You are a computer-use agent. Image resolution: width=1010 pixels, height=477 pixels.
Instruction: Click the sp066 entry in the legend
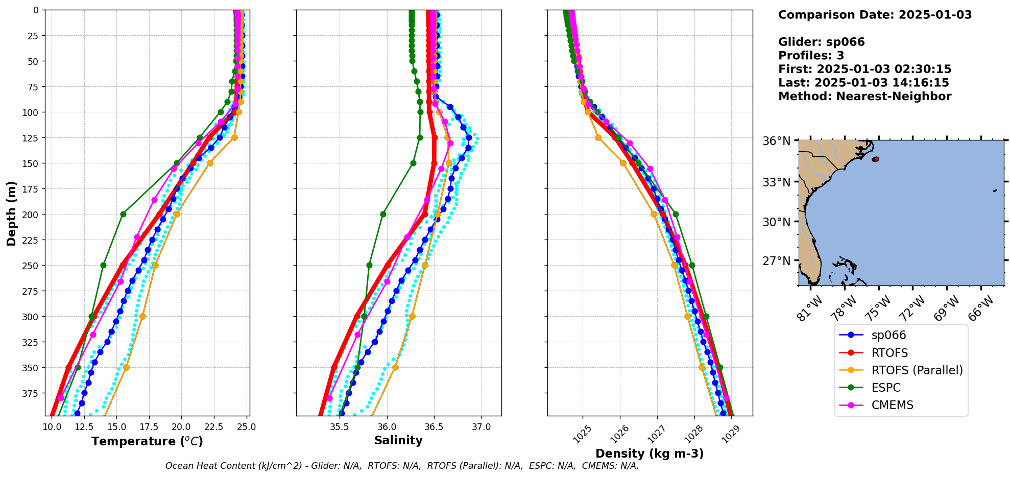click(x=888, y=335)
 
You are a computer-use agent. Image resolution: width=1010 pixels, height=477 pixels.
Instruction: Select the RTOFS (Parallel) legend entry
click(x=917, y=370)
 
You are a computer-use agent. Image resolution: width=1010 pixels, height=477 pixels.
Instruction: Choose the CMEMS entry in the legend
click(x=892, y=405)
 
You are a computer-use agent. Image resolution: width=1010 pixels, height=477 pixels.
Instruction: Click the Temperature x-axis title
click(x=147, y=441)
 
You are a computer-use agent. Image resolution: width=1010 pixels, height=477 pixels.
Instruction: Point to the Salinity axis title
click(x=398, y=441)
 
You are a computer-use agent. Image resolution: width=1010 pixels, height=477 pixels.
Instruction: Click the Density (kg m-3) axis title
click(x=650, y=454)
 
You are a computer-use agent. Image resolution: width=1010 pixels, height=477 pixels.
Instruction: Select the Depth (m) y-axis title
click(x=11, y=213)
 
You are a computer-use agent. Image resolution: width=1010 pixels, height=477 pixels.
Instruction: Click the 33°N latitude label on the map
click(x=776, y=182)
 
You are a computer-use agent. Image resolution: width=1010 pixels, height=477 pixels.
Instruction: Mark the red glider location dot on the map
click(x=876, y=159)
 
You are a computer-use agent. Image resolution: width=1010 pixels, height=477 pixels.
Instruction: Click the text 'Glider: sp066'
click(x=821, y=42)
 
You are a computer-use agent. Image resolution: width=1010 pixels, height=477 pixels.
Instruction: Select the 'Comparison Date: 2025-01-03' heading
click(x=875, y=15)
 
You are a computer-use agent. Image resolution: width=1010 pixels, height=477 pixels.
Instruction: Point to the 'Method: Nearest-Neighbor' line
click(x=864, y=97)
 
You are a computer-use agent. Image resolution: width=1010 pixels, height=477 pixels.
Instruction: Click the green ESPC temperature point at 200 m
click(x=123, y=214)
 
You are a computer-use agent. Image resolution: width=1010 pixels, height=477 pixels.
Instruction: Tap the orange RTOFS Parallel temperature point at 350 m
click(x=126, y=367)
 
